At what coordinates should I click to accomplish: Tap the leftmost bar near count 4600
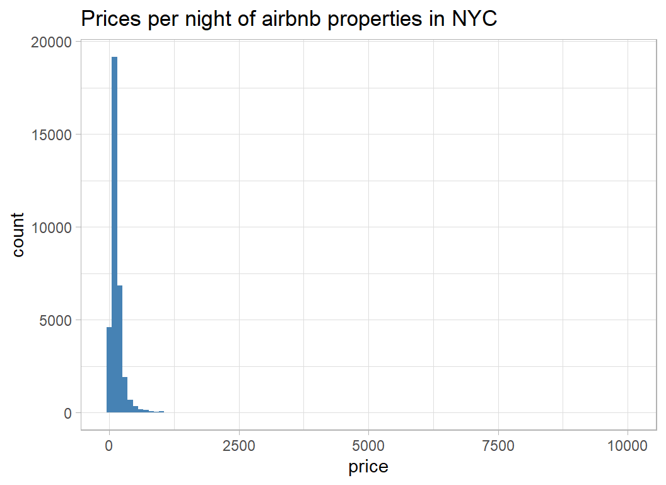tap(109, 369)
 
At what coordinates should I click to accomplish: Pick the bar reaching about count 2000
tap(125, 395)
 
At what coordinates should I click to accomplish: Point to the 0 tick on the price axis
tap(109, 445)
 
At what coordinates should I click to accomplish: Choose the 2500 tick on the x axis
tap(239, 445)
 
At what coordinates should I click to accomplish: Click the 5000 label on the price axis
tap(369, 445)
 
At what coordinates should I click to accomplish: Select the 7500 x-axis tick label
tap(498, 445)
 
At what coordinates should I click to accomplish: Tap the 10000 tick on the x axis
tap(628, 445)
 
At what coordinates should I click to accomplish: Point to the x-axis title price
tap(368, 467)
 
